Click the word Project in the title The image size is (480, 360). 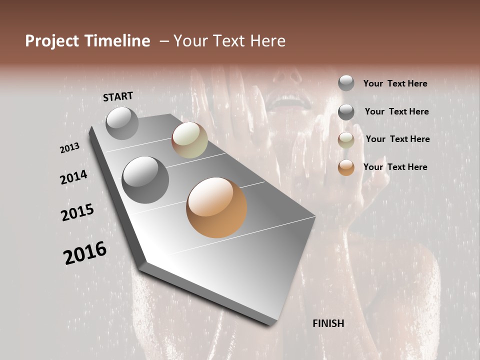pos(51,41)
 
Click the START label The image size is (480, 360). pos(118,96)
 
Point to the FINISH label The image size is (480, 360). pos(328,323)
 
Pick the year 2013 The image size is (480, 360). pos(70,148)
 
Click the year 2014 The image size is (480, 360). pos(74,177)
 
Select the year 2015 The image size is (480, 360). pos(77,212)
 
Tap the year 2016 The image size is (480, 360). pos(85,253)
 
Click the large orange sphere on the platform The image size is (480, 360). pos(216,207)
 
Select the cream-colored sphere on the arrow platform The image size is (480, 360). pos(189,140)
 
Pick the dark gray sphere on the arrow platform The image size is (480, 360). pos(145,180)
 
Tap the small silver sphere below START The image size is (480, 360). pos(122,123)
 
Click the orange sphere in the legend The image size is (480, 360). pos(346,167)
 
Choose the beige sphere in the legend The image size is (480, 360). pos(346,140)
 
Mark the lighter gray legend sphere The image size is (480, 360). pos(346,83)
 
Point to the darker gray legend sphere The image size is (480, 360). pos(346,112)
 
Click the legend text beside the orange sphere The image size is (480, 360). pos(395,167)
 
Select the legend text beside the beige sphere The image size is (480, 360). pos(397,139)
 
